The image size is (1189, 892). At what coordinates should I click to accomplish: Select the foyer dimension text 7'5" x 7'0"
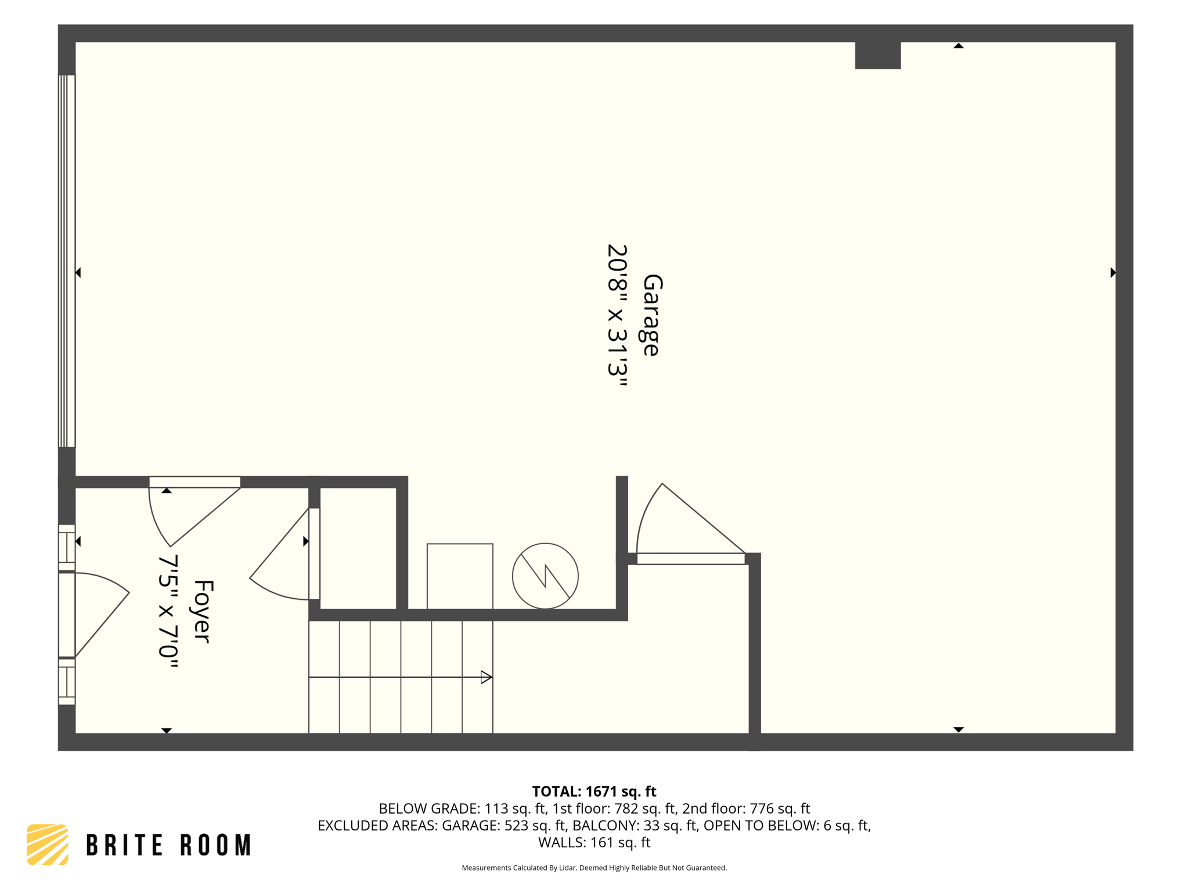168,611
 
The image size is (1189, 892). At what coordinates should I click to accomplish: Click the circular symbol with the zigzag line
545,576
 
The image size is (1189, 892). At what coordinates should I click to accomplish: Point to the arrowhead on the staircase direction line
487,677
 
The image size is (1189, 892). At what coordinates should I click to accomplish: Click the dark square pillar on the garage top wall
877,55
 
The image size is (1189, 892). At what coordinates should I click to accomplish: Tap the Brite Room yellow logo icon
48,844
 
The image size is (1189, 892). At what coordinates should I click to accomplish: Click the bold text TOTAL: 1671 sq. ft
594,792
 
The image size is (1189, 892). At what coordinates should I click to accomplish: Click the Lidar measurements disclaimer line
594,868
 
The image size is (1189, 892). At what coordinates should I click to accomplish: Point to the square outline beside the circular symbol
460,576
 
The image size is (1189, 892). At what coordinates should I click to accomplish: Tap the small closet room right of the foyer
358,548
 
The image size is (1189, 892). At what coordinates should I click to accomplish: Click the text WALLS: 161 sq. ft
594,842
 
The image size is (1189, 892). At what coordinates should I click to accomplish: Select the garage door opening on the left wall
67,261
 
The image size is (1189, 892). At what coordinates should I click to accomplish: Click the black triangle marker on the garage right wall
1112,272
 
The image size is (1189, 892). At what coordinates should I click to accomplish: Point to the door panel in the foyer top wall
194,482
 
